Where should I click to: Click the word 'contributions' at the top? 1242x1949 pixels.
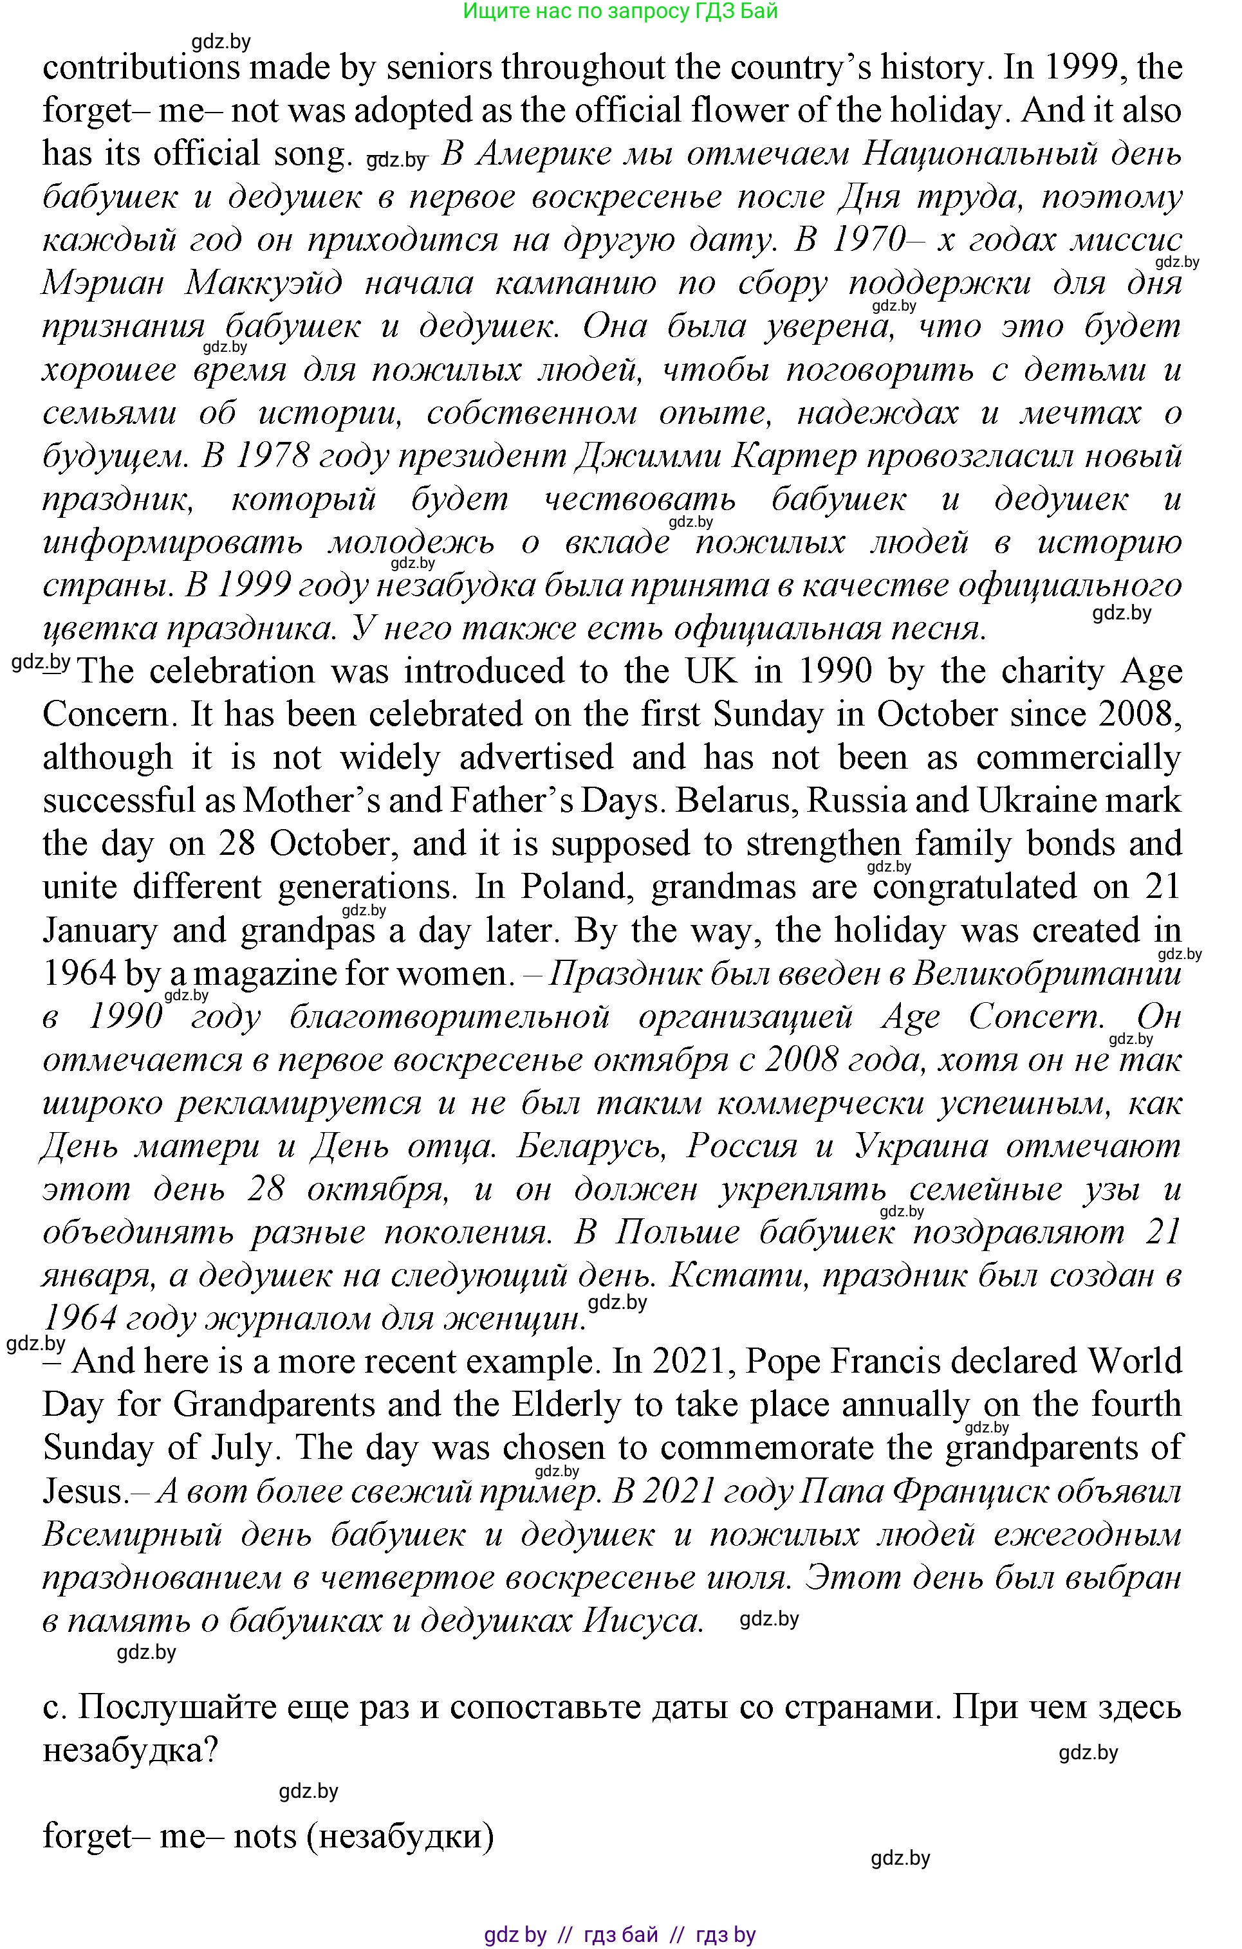142,68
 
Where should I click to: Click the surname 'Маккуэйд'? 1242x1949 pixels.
264,283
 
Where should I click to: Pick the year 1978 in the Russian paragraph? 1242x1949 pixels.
272,457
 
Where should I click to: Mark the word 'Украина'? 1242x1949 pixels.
922,1147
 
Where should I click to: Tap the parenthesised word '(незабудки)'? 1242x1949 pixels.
401,1836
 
